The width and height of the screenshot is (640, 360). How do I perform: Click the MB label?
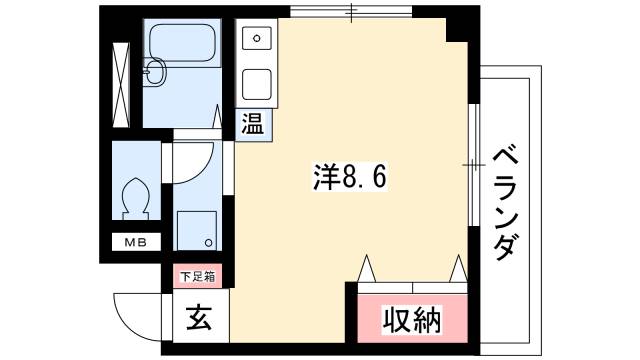133,242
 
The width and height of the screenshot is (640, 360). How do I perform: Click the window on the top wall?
351,13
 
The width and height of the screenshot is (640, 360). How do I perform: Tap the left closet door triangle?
366,268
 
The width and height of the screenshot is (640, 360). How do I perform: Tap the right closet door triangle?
458,268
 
